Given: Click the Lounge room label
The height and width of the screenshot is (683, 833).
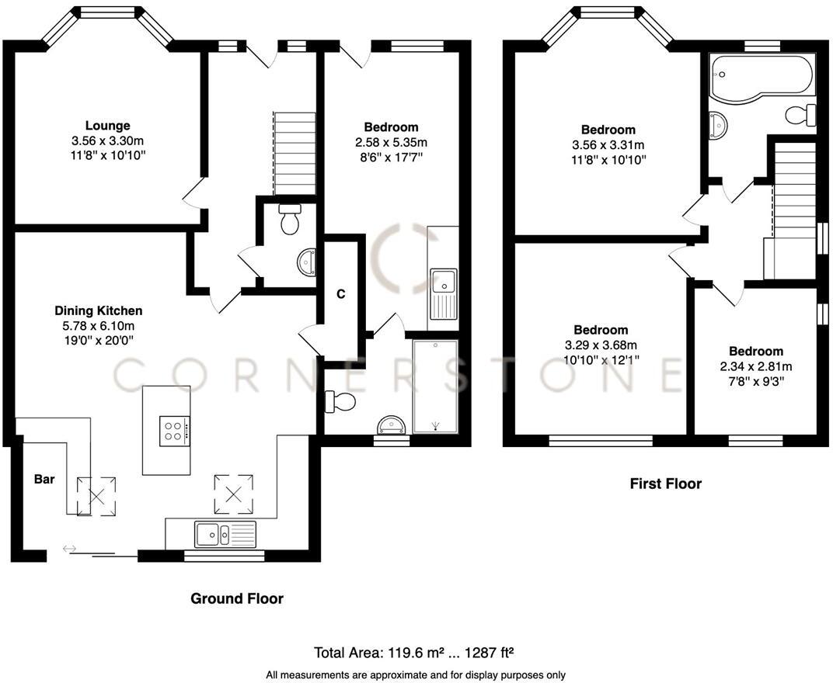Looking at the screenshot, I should [107, 126].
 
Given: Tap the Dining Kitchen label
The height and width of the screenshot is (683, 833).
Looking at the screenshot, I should [97, 310].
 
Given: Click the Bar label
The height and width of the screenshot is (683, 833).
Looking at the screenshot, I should [44, 480].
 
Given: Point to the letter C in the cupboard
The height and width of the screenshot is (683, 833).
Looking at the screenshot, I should [340, 294].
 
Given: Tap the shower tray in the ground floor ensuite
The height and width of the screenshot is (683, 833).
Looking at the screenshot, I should [435, 386].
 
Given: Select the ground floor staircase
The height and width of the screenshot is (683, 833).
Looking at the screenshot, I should [295, 153].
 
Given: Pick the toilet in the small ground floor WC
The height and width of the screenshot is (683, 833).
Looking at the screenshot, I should [289, 220].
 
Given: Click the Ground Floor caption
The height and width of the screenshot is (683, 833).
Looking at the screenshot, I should [237, 598].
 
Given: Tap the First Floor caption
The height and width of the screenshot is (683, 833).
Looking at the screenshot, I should [665, 484].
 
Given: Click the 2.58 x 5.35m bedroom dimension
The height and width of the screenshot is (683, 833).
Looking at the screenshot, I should [392, 142].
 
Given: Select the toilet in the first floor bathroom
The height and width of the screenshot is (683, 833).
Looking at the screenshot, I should [800, 115].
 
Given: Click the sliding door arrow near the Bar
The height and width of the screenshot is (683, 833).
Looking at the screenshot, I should [70, 550].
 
